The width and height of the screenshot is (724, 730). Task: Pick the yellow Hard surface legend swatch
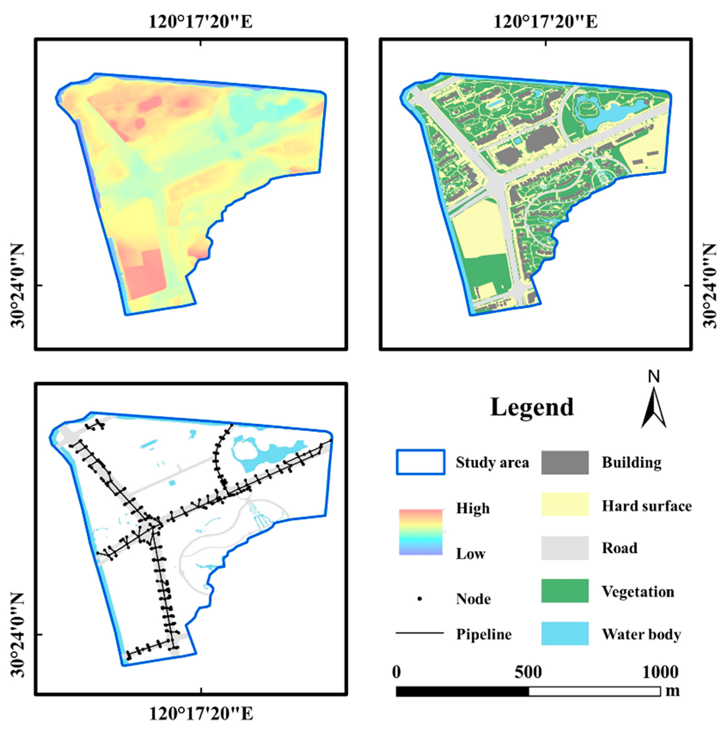click(565, 504)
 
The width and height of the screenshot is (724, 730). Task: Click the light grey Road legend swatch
click(565, 547)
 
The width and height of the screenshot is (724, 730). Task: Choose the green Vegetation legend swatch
click(565, 590)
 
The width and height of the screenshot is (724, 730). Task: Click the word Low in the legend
click(470, 554)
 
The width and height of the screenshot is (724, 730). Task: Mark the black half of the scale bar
click(462, 691)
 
